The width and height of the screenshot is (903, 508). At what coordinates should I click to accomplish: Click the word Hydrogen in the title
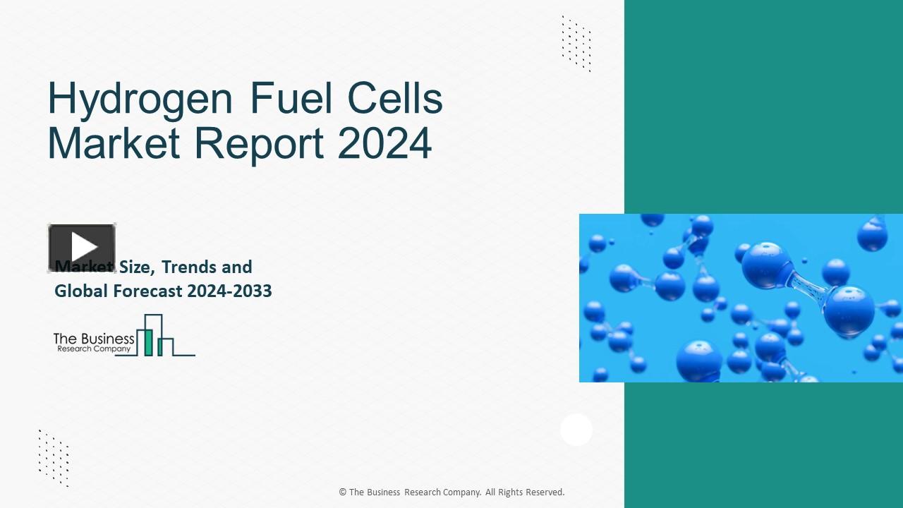click(x=140, y=100)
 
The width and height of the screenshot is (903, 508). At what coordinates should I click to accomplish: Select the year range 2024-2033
click(x=228, y=291)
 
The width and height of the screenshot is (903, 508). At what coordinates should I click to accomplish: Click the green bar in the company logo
click(x=148, y=341)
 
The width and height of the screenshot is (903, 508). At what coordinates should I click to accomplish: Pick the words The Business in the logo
click(x=93, y=339)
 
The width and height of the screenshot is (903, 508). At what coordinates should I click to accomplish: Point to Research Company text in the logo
click(x=94, y=349)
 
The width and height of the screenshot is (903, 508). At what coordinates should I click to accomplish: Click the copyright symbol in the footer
click(x=342, y=492)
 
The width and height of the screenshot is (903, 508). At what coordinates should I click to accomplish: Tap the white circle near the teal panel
click(x=576, y=430)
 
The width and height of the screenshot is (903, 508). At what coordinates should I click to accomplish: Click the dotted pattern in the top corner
click(x=576, y=43)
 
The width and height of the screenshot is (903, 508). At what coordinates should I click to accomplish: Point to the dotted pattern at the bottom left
click(x=54, y=458)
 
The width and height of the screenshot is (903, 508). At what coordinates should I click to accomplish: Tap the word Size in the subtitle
click(x=135, y=267)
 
